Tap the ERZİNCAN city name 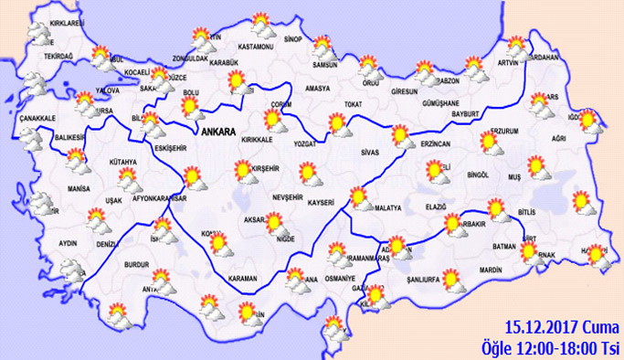point(435,142)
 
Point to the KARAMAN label point(245,278)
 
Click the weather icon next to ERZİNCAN point(400,137)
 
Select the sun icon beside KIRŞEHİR point(243,169)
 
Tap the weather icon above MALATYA point(360,195)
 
